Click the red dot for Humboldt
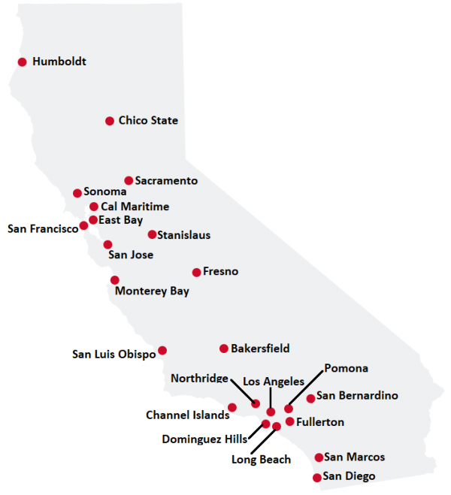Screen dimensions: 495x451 click(x=22, y=62)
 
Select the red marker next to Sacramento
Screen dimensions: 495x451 click(x=129, y=180)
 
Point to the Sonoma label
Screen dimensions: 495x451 click(x=105, y=192)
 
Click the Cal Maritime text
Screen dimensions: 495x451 click(x=135, y=207)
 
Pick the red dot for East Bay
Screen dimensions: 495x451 click(x=93, y=220)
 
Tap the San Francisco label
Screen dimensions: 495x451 click(x=43, y=228)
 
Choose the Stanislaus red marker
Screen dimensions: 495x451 click(x=152, y=234)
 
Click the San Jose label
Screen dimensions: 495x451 click(x=131, y=255)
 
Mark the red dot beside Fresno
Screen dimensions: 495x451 click(x=197, y=272)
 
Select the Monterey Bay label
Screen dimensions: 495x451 click(x=152, y=291)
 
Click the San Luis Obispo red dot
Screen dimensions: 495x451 click(x=162, y=350)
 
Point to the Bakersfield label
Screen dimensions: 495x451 click(x=260, y=349)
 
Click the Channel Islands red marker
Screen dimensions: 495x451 click(x=232, y=407)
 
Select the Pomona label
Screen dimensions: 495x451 click(x=346, y=368)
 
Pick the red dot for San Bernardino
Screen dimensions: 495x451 click(x=310, y=398)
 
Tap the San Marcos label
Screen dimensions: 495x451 click(x=355, y=457)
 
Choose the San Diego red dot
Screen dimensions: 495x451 click(x=316, y=478)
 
